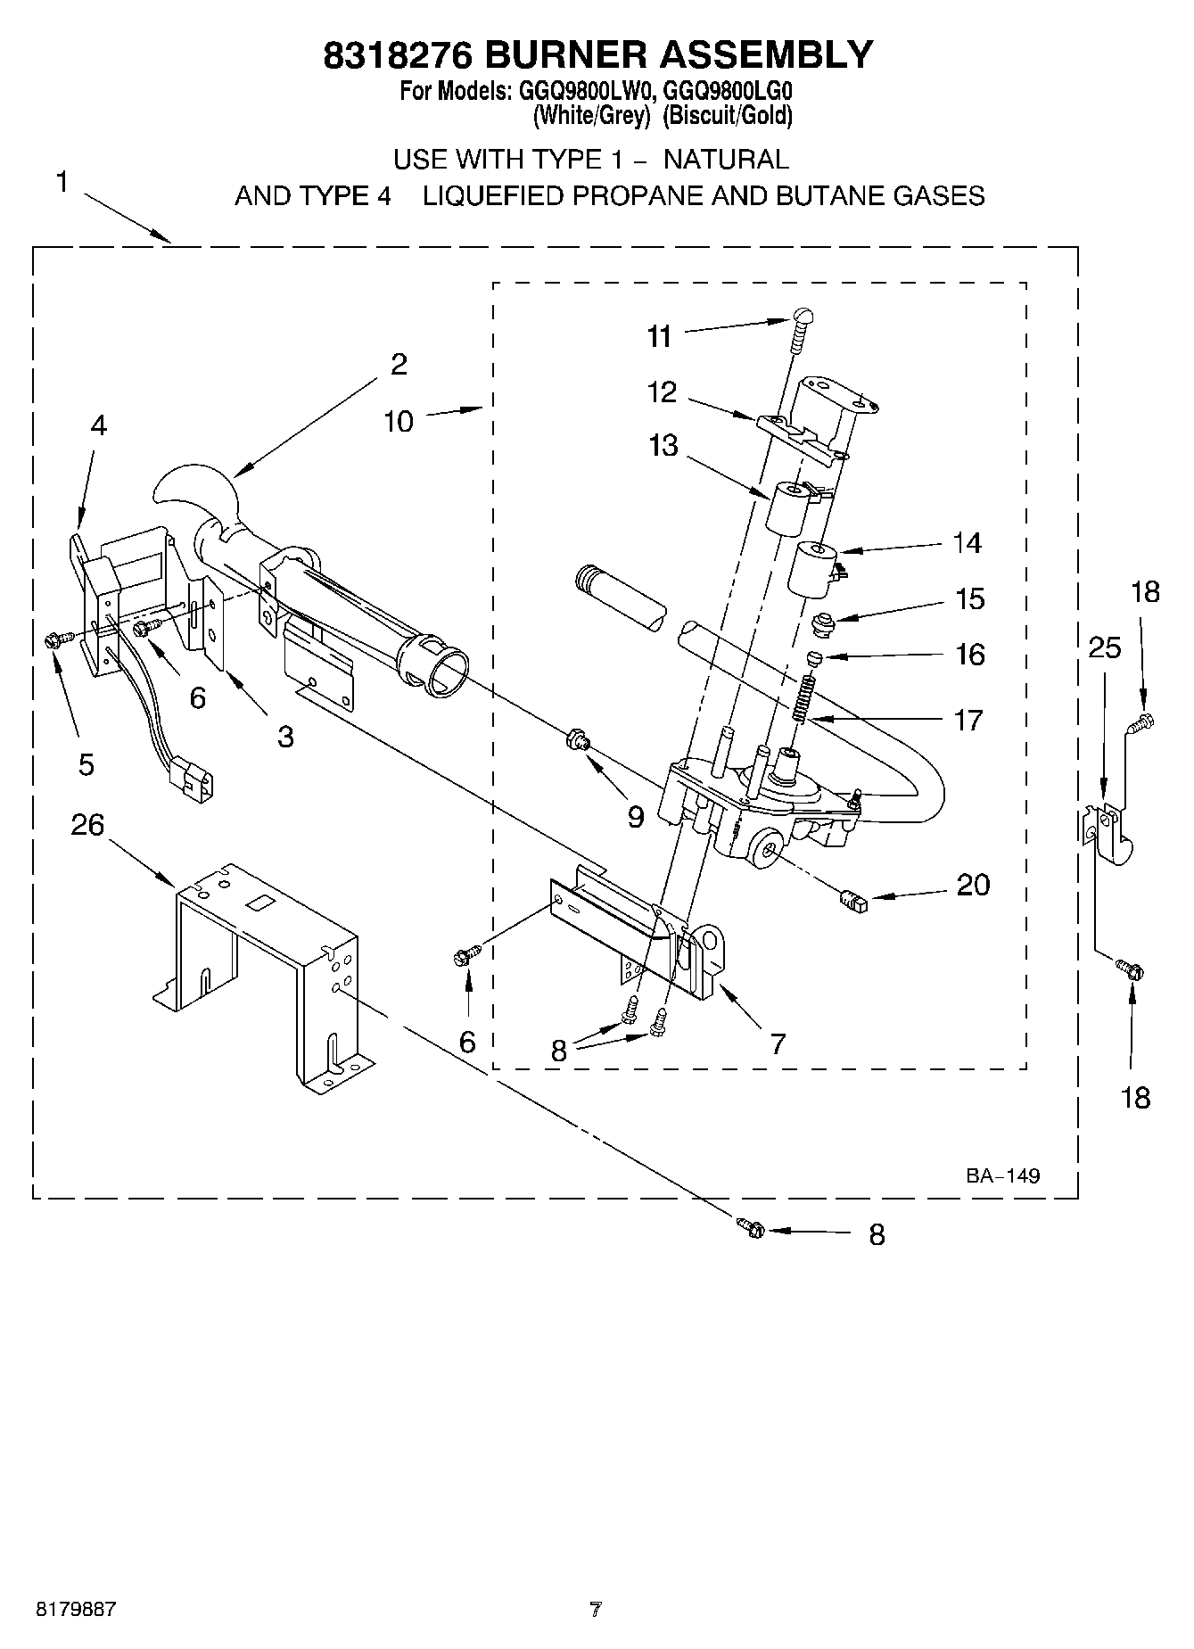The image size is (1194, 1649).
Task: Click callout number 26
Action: (87, 825)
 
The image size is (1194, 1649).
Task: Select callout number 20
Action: (973, 885)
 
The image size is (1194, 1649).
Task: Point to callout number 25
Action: (1104, 647)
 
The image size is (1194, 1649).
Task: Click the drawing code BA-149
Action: (1002, 1175)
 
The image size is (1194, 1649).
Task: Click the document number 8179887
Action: (76, 1611)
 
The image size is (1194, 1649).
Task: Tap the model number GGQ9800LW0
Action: (582, 91)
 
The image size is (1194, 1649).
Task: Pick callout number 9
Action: (635, 817)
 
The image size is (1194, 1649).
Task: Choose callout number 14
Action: (968, 542)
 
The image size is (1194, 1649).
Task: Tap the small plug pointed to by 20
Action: (853, 901)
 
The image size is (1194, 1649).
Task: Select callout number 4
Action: (98, 426)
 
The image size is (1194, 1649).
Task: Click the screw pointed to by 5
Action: (52, 639)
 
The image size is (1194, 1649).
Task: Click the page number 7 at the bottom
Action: (596, 1611)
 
